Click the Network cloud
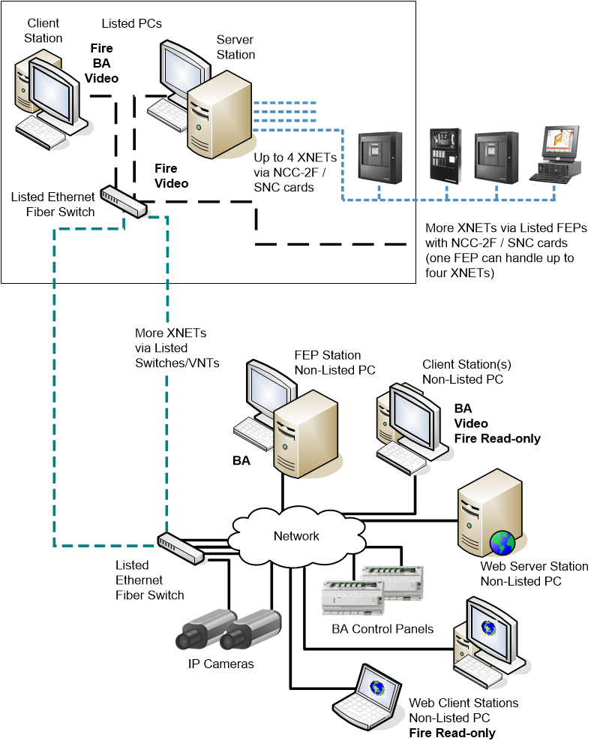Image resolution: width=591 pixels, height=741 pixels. tap(295, 536)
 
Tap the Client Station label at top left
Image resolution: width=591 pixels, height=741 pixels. tap(43, 31)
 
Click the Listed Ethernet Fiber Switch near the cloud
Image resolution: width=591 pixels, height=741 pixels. tap(181, 548)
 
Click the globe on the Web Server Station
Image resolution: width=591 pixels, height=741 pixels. tap(501, 542)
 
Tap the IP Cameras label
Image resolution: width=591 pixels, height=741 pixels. tap(220, 664)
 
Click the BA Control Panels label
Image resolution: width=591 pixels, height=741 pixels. tap(382, 628)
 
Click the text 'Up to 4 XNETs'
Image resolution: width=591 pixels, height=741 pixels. tap(294, 159)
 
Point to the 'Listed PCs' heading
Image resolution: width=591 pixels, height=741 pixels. tap(131, 24)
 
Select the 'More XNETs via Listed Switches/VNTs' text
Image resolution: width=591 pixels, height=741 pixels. tap(177, 348)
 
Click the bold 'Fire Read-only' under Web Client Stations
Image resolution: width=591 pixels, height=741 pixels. tap(451, 733)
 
